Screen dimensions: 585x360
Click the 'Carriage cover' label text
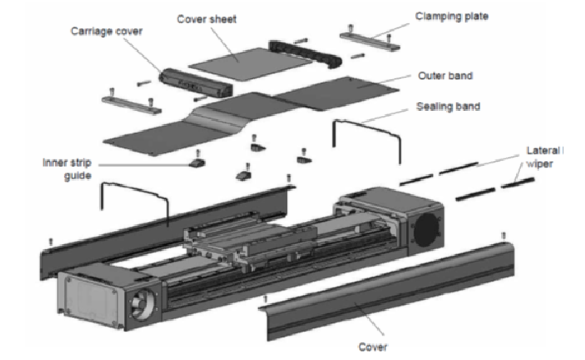107,31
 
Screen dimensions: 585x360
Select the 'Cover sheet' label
207,19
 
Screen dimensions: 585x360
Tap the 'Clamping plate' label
452,16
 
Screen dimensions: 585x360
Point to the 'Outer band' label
445,76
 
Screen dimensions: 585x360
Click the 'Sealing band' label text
448,106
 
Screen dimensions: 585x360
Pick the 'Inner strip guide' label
67,169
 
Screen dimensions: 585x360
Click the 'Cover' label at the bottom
373,347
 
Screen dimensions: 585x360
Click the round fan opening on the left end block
141,303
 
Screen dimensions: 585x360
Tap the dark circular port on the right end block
426,230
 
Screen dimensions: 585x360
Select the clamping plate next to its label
370,39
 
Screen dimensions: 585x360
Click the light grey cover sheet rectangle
250,63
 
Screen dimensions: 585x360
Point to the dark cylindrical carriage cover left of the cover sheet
196,83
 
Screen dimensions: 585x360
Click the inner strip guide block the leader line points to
197,163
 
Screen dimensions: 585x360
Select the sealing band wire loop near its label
367,141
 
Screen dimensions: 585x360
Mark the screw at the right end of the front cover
504,236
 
